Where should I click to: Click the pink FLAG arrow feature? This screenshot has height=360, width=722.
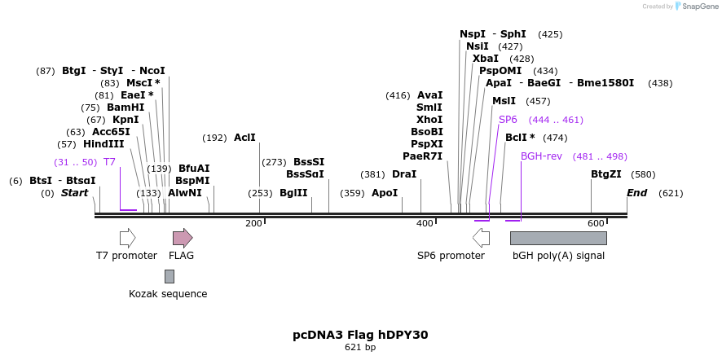[x=183, y=238]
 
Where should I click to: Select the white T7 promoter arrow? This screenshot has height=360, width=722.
[x=127, y=238]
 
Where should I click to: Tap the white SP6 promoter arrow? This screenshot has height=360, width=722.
[x=482, y=238]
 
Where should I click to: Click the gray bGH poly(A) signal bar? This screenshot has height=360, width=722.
[x=558, y=238]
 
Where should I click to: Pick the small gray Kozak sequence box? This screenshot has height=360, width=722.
[x=169, y=276]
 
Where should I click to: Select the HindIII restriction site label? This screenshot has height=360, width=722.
[x=103, y=144]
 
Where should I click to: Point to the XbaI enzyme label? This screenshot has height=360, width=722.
[x=486, y=59]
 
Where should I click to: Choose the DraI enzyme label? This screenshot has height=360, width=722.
[x=404, y=174]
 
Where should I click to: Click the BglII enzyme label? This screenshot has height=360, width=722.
[x=293, y=193]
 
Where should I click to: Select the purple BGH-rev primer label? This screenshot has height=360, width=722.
[x=541, y=156]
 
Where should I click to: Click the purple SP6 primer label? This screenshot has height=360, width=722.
[x=508, y=120]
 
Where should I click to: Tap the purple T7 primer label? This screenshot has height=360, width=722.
[x=109, y=162]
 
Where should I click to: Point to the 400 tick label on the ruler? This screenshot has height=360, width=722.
[x=425, y=223]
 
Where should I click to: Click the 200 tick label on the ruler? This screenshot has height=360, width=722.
[x=253, y=223]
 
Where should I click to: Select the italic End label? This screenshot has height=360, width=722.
[x=636, y=193]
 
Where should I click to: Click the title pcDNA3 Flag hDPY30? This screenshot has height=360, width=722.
[x=360, y=335]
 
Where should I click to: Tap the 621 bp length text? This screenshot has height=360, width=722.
[x=360, y=348]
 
